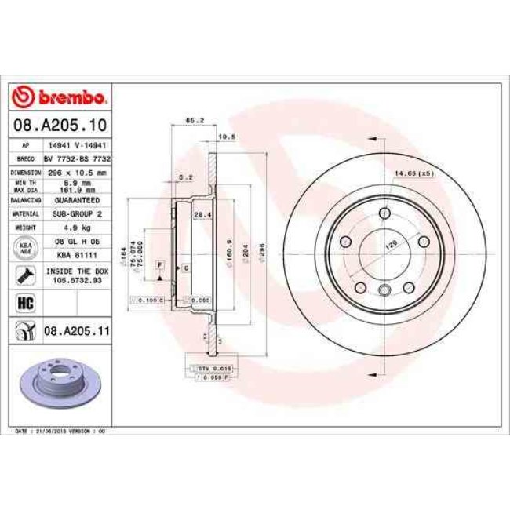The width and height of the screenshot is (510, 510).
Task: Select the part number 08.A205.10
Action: [x=59, y=124]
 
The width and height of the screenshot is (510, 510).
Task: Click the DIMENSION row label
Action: [x=26, y=170]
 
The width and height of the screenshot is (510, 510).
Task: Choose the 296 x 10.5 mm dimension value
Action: [x=76, y=170]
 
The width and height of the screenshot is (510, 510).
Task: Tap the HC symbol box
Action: [x=24, y=301]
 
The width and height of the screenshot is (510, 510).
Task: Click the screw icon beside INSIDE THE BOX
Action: [x=25, y=275]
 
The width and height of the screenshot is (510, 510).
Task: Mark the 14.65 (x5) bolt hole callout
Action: [x=414, y=173]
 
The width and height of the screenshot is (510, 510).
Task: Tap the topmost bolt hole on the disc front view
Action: [x=384, y=212]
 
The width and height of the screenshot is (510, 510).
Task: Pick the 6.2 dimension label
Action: [x=185, y=177]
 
